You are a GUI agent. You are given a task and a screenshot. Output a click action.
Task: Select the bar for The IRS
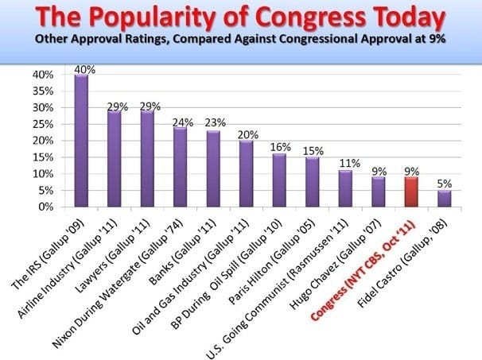pyautogui.click(x=81, y=141)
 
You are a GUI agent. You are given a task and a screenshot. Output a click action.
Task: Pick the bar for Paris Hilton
pyautogui.click(x=312, y=181)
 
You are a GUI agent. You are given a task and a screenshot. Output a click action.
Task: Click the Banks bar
pyautogui.click(x=213, y=168)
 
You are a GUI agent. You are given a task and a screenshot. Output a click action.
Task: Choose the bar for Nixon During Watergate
pyautogui.click(x=180, y=167)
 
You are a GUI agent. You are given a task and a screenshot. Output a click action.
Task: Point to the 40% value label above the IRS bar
pyautogui.click(x=81, y=69)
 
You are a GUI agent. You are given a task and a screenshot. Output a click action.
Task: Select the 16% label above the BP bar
pyautogui.click(x=280, y=147)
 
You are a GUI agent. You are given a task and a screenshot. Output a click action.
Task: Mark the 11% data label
pyautogui.click(x=345, y=164)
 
